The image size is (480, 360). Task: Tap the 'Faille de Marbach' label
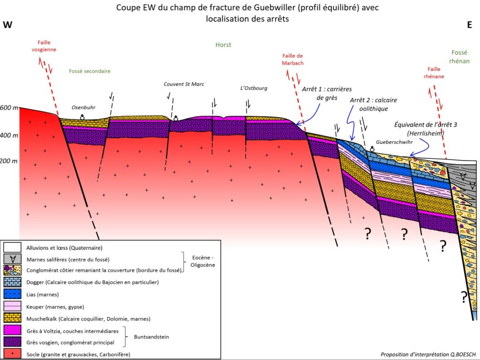click(293, 59)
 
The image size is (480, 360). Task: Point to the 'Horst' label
click(223, 45)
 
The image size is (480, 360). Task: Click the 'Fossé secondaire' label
click(90, 71)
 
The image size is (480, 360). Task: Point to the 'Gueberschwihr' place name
click(394, 141)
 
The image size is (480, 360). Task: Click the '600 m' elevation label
click(9, 108)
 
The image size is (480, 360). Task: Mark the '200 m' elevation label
click(9, 161)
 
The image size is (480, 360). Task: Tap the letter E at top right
click(469, 25)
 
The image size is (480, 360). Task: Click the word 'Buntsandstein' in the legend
click(151, 336)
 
